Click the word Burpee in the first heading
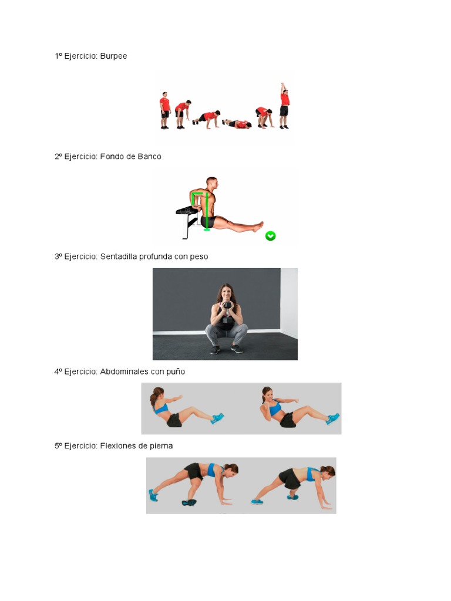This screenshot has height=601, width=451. pos(113,56)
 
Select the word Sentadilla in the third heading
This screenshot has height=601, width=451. pos(119,256)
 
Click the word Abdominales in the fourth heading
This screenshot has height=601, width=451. pos(124,372)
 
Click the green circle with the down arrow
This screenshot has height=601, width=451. pos(270,236)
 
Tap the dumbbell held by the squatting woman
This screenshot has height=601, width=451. pos(227,312)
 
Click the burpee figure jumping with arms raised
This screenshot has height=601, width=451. pos(284,106)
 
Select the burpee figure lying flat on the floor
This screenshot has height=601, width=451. pos(237,124)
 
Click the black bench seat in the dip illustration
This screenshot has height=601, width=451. pos(187,210)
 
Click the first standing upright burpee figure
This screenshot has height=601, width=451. pos(165,110)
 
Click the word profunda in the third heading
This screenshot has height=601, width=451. pos(155,256)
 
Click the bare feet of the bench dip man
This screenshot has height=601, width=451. pos(259,226)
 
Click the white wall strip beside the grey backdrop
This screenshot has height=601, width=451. pos(289,303)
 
